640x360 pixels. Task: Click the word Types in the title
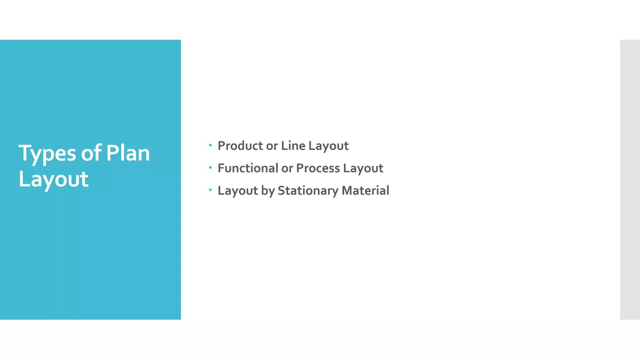[47, 153]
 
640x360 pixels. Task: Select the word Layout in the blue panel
[53, 179]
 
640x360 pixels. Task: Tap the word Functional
[248, 168]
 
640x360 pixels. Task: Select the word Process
[318, 168]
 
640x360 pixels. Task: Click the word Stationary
[308, 191]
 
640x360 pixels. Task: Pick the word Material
[365, 191]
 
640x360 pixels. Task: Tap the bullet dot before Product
[210, 145]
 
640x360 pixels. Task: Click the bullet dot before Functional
[210, 167]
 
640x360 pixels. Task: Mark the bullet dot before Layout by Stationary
[210, 190]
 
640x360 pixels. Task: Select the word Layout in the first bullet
[328, 146]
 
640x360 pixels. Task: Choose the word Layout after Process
[363, 168]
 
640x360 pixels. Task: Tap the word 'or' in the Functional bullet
[287, 169]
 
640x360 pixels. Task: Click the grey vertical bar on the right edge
[630, 179]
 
